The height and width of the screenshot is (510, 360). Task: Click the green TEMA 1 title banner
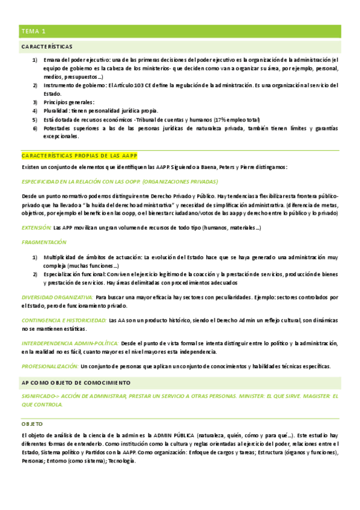pos(180,31)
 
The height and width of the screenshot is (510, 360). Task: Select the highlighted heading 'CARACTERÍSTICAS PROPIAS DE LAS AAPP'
pos(79,156)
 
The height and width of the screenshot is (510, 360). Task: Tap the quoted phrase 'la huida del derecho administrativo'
pos(136,205)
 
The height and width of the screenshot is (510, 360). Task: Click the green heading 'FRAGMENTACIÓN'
pos(44,242)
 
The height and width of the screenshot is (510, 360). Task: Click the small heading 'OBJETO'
pos(32,424)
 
